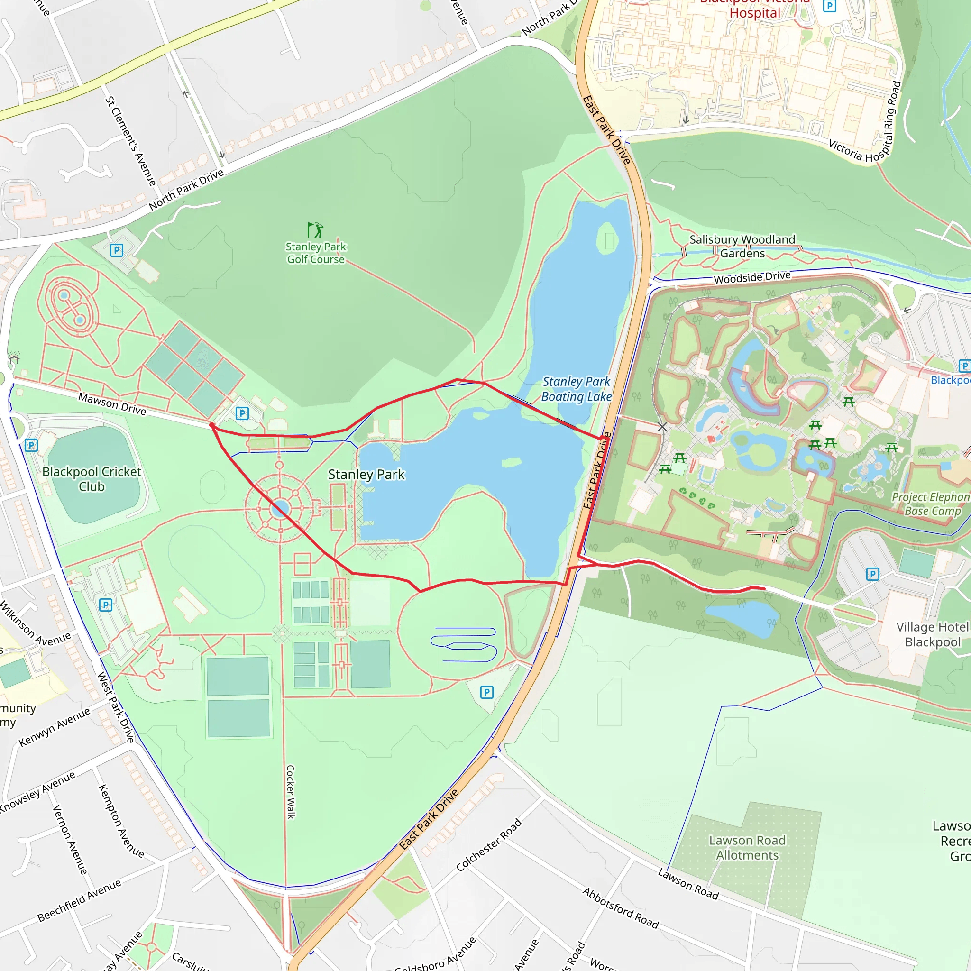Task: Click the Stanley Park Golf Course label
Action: pos(316,253)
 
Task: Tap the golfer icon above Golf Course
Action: pos(315,230)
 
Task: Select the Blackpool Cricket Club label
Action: pos(92,479)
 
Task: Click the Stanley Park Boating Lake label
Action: pos(576,389)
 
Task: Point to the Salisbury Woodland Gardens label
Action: pos(742,246)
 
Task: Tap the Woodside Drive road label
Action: pos(752,277)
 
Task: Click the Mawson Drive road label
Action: pos(112,404)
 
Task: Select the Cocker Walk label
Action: pos(291,792)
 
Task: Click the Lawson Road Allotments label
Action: pos(747,847)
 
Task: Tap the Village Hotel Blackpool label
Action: pos(932,634)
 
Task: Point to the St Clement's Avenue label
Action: pos(130,141)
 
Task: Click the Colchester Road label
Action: pos(488,845)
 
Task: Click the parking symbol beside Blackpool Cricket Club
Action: pos(31,445)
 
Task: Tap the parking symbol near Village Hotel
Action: pos(872,574)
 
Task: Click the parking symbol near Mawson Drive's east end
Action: pos(242,413)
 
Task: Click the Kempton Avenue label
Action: pos(120,821)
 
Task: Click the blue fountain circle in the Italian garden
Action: pos(279,509)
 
